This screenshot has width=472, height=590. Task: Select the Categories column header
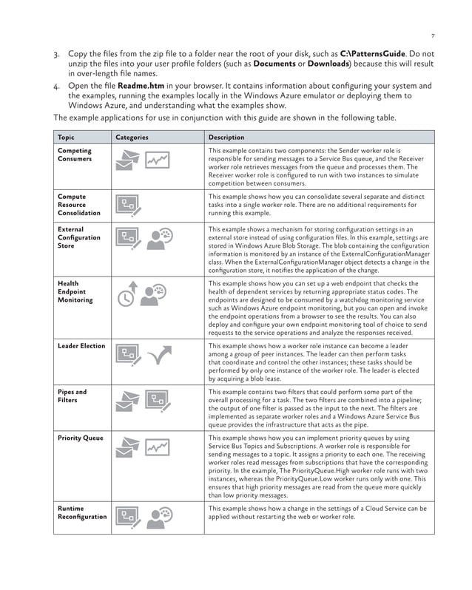132,138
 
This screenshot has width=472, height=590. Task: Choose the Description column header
226,138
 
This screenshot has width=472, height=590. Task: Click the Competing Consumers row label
75,155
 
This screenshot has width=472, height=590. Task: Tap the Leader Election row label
81,346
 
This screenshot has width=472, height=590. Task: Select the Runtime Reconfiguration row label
81,512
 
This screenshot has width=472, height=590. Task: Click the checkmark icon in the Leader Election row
159,356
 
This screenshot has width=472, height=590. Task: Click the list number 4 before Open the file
56,87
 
